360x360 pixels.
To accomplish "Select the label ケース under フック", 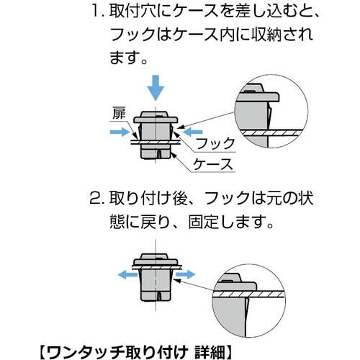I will click(215, 164).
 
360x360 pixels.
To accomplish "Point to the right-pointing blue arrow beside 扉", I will click(117, 132).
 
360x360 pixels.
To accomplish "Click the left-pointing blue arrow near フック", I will click(193, 132).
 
